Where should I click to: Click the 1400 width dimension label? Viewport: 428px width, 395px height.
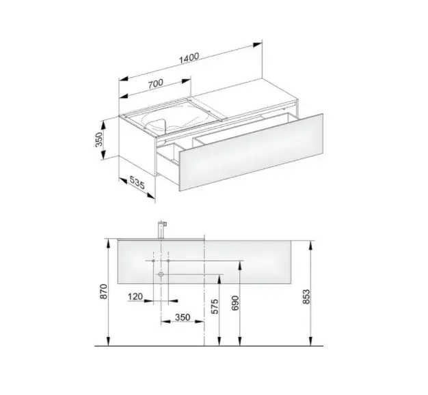[189, 58]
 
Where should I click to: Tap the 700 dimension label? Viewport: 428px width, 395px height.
[155, 83]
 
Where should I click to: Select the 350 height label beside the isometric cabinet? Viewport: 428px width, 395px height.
[99, 139]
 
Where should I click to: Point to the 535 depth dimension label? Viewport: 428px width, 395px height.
[137, 182]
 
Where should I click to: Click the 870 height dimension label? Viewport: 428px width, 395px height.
[105, 291]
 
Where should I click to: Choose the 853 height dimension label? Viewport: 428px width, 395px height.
[306, 297]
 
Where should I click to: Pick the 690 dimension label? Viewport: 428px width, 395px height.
[235, 303]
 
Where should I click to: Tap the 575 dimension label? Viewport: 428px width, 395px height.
[215, 306]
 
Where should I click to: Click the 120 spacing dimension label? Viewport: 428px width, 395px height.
[135, 296]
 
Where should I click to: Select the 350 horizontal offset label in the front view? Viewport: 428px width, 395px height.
[183, 317]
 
